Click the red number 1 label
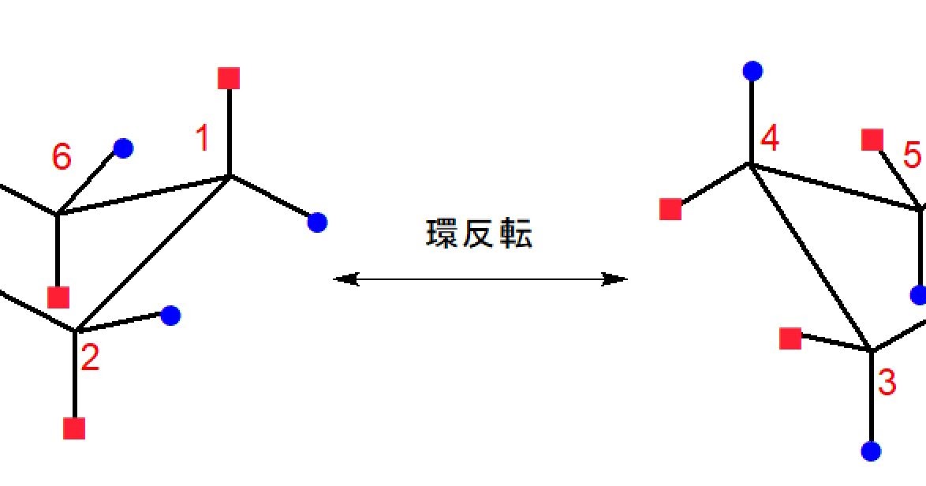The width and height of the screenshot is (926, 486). pos(203,139)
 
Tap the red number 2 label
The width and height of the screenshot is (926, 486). pos(90,359)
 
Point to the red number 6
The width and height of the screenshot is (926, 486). pos(62,158)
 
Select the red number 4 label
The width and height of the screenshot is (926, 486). pos(770,139)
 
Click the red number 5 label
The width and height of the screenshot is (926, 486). pos(912,156)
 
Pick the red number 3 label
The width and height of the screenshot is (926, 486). pos(887,383)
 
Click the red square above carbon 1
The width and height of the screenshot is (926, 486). pos(229,78)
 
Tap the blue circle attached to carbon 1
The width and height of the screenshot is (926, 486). pos(317,222)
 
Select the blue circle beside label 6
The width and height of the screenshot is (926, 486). pos(123,148)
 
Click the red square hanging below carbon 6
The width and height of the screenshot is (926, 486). pos(58,297)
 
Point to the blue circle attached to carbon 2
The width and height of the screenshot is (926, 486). pos(170,316)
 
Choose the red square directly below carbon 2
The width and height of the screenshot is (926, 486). pos(74,428)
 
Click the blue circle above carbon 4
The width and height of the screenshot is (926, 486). pos(752,71)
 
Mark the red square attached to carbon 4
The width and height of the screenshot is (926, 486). pos(670,209)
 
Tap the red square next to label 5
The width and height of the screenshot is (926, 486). pos(872,140)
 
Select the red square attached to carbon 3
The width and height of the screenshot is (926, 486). pos(790,338)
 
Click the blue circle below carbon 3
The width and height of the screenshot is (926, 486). pos(871,451)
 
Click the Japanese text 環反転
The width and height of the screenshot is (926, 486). pos(480,234)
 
